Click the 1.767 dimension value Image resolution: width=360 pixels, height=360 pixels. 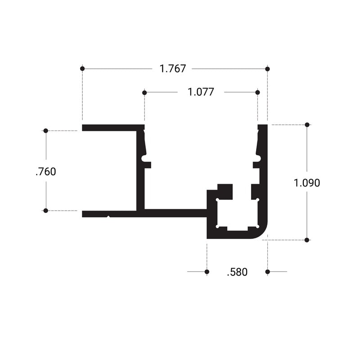[173, 69]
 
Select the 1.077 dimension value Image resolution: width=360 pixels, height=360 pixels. [201, 92]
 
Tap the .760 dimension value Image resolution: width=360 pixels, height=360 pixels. [46, 172]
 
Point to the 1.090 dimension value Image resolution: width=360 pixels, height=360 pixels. [307, 183]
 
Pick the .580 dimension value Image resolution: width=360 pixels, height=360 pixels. [237, 272]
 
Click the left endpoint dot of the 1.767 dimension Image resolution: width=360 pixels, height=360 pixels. [82, 69]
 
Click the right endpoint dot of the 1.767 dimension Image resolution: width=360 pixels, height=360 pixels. [267, 69]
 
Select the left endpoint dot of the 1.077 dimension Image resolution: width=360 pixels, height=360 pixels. [144, 93]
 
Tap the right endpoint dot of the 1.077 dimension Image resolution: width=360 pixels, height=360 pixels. [257, 92]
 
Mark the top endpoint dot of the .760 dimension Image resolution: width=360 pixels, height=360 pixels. [46, 130]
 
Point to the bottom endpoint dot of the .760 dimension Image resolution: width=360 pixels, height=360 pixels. [46, 211]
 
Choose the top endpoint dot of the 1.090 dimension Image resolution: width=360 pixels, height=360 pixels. [307, 125]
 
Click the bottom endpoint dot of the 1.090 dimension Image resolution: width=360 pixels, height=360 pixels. [307, 240]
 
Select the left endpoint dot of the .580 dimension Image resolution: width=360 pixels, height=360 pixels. [207, 272]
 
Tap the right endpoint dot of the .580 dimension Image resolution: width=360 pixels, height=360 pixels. [267, 272]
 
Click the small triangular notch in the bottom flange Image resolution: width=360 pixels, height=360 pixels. [109, 216]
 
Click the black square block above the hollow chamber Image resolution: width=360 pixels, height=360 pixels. [225, 192]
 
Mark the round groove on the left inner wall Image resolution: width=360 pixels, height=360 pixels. [144, 158]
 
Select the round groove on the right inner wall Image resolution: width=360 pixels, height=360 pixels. [258, 158]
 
